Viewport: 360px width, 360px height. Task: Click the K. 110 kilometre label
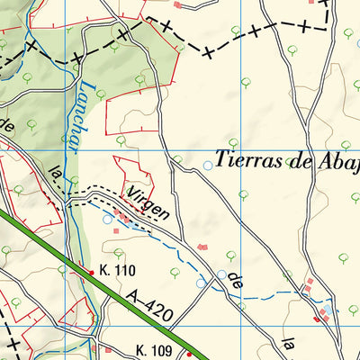coord(117,270)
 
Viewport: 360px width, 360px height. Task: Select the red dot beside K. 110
coord(91,270)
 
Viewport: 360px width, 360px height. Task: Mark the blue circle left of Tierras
coord(209,165)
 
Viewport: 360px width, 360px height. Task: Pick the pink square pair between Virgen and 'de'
coord(203,246)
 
